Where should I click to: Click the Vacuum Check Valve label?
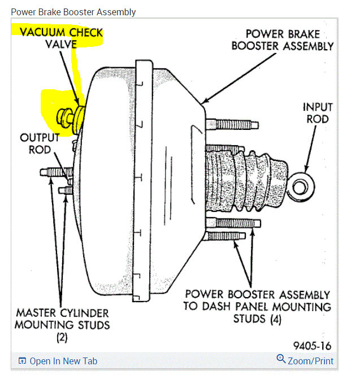point(61,38)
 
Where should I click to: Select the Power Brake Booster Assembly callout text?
point(283,40)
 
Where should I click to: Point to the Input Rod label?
point(317,112)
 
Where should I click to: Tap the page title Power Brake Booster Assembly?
point(73,12)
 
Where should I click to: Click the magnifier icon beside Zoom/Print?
point(281,359)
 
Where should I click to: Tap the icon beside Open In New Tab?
point(22,361)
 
